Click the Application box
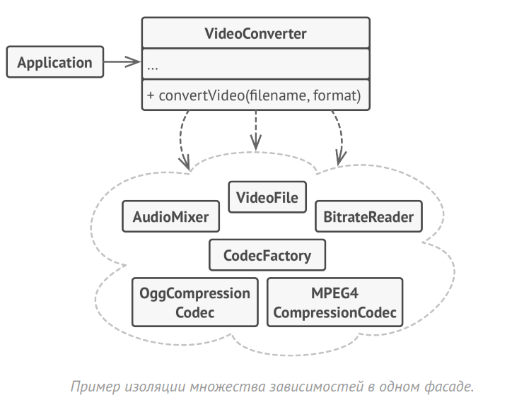click(54, 62)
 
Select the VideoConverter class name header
click(255, 33)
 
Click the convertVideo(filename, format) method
click(255, 95)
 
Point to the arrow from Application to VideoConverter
click(122, 62)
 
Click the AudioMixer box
click(170, 217)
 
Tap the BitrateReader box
click(368, 217)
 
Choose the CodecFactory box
click(267, 255)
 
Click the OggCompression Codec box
click(194, 302)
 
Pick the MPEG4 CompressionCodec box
click(334, 302)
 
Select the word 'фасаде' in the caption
click(446, 387)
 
